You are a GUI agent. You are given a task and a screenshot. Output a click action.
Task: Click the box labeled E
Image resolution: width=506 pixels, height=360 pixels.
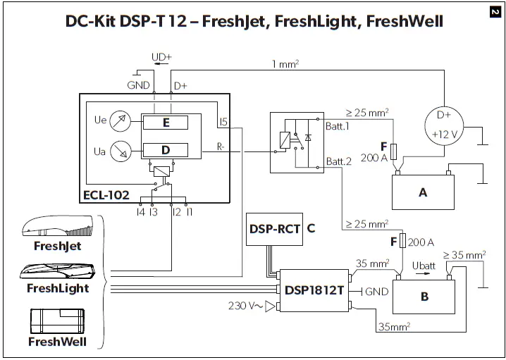[x=165, y=123]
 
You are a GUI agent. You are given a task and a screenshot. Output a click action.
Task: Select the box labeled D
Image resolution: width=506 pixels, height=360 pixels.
[x=165, y=149]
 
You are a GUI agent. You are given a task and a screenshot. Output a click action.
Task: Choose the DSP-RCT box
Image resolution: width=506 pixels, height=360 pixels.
[x=274, y=229]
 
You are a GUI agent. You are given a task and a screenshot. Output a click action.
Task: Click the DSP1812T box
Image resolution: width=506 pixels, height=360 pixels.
[x=314, y=289]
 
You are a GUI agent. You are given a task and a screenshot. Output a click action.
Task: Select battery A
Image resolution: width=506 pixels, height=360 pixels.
[x=423, y=192]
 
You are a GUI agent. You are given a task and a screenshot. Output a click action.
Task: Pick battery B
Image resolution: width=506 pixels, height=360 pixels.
[x=424, y=297]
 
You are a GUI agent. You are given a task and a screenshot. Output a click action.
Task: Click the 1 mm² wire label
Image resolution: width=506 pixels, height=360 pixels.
[x=285, y=64]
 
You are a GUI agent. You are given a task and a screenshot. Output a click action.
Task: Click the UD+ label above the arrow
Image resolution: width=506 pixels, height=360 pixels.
[x=163, y=56]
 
